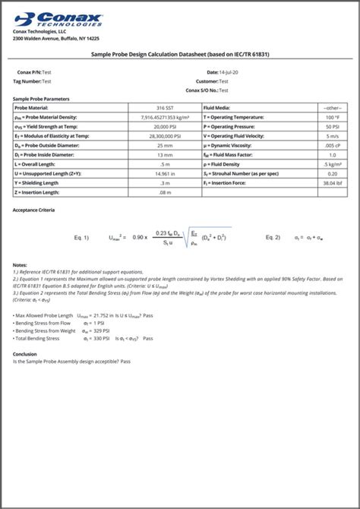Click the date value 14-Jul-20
pos(228,71)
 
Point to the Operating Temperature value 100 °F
pos(332,117)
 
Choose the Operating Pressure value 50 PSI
pos(332,126)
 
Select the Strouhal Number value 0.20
pos(332,172)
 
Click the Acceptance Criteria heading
pos(33,209)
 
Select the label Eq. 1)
pos(81,238)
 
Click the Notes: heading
pos(21,264)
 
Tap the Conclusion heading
pos(25,353)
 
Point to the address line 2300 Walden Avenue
pos(56,38)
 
